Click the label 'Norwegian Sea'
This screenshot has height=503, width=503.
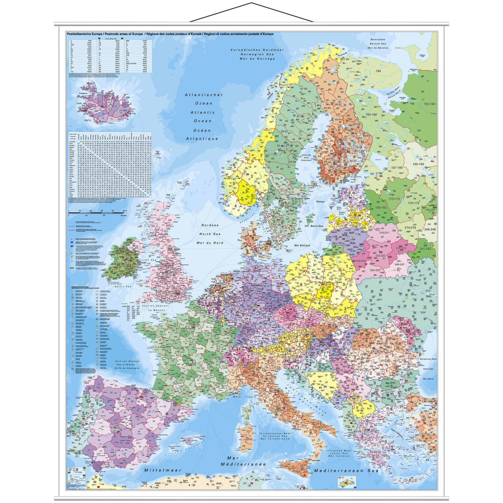click(x=257, y=54)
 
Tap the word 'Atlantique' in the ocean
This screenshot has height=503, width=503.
click(x=202, y=139)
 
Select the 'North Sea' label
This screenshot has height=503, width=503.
click(x=210, y=234)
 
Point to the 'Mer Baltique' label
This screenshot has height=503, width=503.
click(x=302, y=245)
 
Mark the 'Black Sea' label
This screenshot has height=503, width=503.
click(x=428, y=369)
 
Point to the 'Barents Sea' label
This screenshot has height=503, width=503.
click(x=378, y=44)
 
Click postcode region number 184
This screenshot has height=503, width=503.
click(x=378, y=71)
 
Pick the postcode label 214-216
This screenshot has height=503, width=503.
click(x=410, y=228)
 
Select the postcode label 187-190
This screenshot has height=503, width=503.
click(x=397, y=168)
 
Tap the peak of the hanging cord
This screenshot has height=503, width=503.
click(x=251, y=3)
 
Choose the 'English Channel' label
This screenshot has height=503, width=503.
click(x=155, y=306)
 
